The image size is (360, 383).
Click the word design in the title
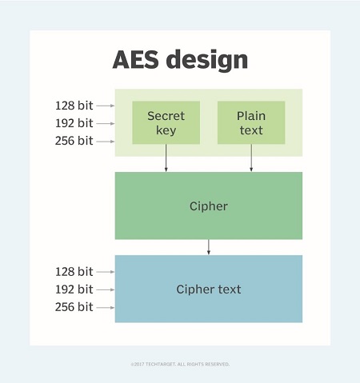207,60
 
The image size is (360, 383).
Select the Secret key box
166,122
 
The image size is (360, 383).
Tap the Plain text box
251,122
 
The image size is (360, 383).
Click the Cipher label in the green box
209,206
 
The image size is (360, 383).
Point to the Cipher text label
209,289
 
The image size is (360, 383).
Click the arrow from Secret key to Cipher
166,158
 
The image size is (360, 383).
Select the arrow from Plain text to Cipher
251,158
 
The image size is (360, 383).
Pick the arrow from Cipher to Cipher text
209,247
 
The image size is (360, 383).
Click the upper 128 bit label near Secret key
74,106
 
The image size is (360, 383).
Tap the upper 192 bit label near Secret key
74,123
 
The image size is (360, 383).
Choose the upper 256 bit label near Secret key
74,141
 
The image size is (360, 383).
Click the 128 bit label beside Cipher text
74,272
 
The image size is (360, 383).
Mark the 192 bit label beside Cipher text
74,289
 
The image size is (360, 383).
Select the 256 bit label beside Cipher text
74,307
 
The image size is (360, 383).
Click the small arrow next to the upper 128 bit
106,106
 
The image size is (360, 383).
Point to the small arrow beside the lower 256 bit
106,308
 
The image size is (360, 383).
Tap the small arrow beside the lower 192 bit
106,289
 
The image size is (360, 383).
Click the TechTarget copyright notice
180,364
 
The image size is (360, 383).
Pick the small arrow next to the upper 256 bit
106,142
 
